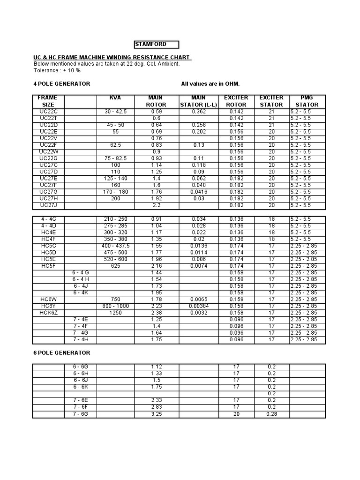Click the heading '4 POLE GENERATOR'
pyautogui.click(x=61, y=83)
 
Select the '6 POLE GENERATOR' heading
pyautogui.click(x=61, y=352)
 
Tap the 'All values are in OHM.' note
pyautogui.click(x=210, y=83)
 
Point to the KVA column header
pyautogui.click(x=115, y=97)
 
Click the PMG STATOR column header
pyautogui.click(x=307, y=101)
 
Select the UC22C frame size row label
pyautogui.click(x=48, y=112)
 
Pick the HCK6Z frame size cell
pyautogui.click(x=48, y=313)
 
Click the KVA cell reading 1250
pyautogui.click(x=115, y=313)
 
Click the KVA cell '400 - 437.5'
pyautogui.click(x=115, y=246)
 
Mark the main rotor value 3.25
pyautogui.click(x=156, y=414)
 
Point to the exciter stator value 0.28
pyautogui.click(x=271, y=414)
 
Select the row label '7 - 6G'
pyautogui.click(x=81, y=414)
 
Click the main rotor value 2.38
pyautogui.click(x=156, y=313)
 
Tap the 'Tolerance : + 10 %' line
pyautogui.click(x=57, y=70)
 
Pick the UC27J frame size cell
pyautogui.click(x=48, y=205)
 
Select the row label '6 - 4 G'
pyautogui.click(x=81, y=272)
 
